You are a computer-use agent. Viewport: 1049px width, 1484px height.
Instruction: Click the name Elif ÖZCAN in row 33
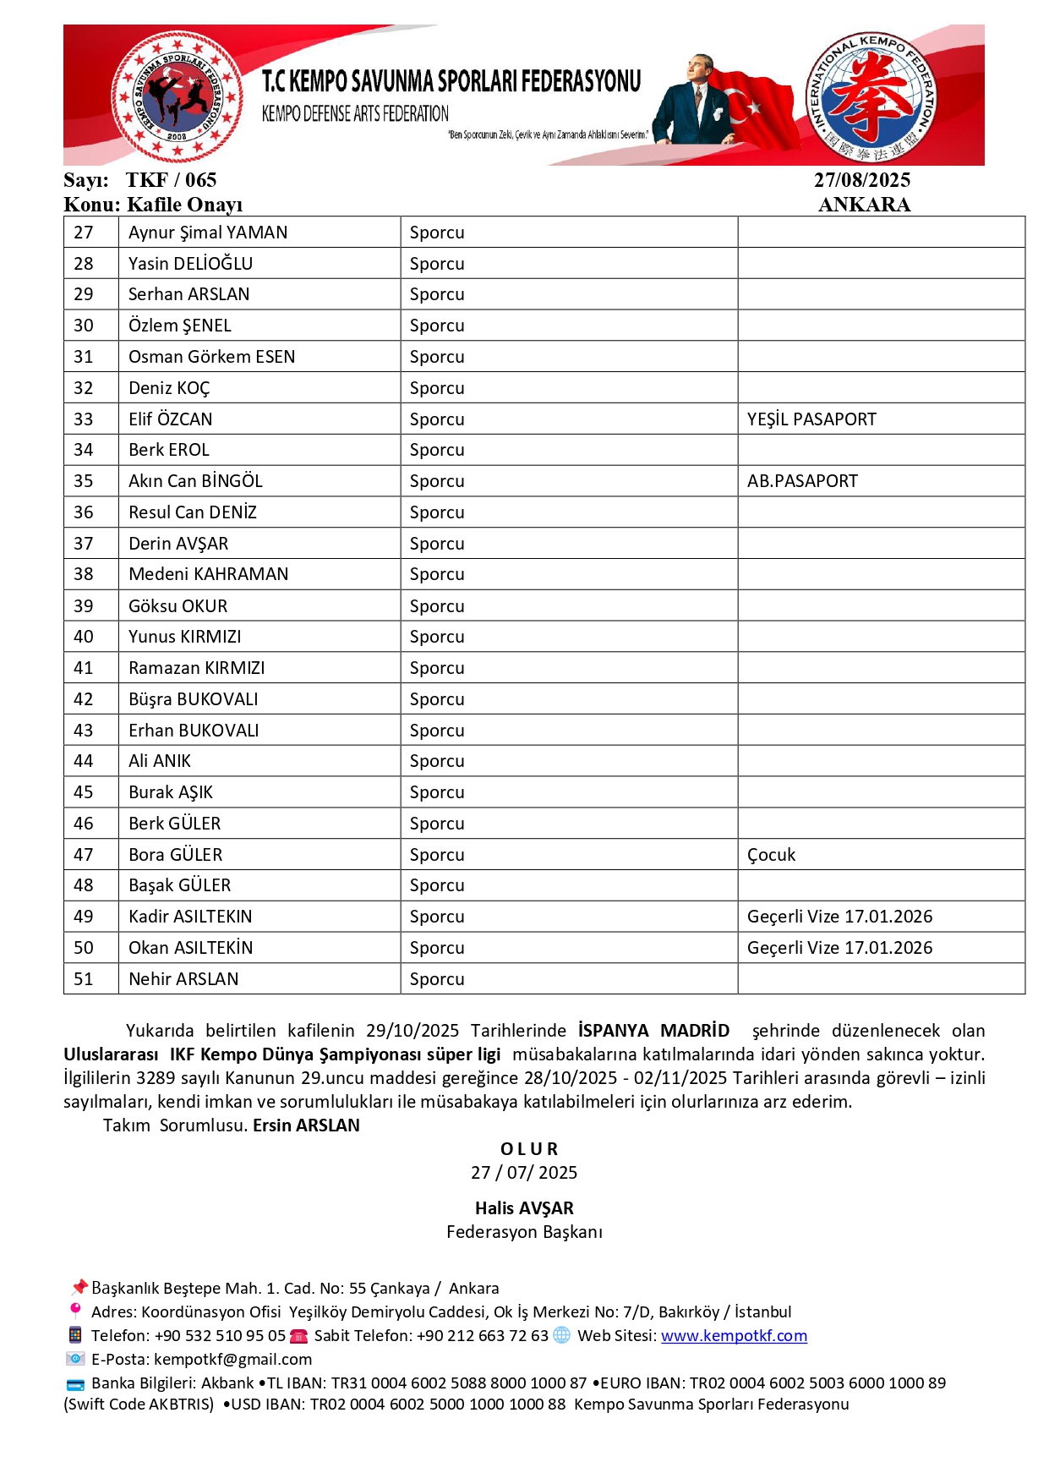tap(170, 419)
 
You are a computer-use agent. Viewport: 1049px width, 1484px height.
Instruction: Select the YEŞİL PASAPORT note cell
tap(811, 419)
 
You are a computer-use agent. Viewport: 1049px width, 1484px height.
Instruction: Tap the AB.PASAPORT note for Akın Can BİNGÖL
tap(802, 481)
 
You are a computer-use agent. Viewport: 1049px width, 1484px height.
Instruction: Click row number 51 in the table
tap(84, 979)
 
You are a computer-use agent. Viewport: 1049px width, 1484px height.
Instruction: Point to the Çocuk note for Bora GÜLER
tap(771, 855)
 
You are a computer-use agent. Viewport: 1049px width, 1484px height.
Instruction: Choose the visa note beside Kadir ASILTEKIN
tap(839, 917)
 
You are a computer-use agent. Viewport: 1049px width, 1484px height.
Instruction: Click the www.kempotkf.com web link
tap(734, 1336)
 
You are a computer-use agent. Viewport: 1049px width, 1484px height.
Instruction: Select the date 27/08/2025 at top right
tap(862, 180)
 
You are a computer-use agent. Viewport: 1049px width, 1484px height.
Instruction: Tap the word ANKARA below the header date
tap(864, 205)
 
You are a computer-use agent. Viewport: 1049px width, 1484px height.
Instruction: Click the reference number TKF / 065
tap(171, 180)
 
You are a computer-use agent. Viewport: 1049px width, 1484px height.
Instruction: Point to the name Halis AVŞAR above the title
tap(524, 1208)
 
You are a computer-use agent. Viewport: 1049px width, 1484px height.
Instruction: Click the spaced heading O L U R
tap(529, 1149)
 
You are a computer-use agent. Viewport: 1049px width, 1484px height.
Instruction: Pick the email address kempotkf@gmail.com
tap(232, 1360)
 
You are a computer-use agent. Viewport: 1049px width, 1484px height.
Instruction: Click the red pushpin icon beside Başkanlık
tap(79, 1288)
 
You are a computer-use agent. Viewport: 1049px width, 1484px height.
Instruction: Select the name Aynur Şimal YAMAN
tap(208, 233)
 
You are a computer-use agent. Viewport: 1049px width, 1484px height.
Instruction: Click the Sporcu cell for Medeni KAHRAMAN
tap(437, 575)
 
